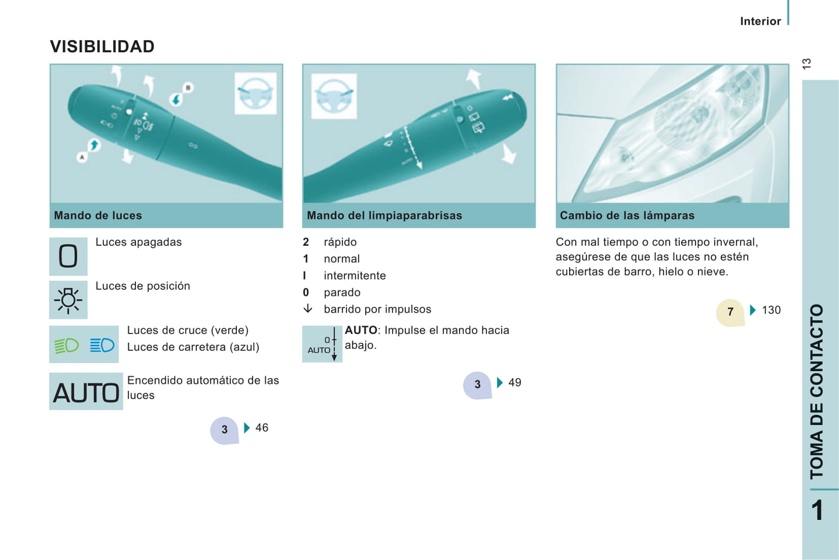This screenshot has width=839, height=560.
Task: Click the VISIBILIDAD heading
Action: coord(102,46)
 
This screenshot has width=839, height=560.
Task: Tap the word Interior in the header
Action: coord(761,21)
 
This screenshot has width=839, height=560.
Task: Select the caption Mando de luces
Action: coord(98,215)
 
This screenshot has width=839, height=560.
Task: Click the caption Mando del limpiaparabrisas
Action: coord(384,215)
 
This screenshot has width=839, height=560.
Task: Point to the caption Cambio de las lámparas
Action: coord(627,215)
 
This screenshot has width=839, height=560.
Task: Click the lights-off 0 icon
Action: coord(68,256)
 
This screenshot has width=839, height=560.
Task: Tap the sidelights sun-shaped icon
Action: coord(68,300)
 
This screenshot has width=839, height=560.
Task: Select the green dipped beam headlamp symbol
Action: coord(66,345)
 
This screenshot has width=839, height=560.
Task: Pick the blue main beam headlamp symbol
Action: coord(102,345)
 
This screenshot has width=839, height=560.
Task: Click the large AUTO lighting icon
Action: coord(86,392)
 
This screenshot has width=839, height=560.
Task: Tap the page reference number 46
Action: coord(262,428)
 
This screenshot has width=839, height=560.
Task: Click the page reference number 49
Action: coord(514,382)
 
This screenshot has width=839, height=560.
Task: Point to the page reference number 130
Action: coord(771,310)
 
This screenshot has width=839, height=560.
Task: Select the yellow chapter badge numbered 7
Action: coord(730,312)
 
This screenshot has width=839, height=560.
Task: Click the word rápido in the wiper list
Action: coord(340,242)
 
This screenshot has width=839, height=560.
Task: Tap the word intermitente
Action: coord(355,275)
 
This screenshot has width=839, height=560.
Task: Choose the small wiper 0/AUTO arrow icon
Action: coord(322,344)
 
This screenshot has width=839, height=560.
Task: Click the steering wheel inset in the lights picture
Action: coord(255,94)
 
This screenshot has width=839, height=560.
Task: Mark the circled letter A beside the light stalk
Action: coord(82,157)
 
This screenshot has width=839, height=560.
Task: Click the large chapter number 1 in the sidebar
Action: coord(818,510)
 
